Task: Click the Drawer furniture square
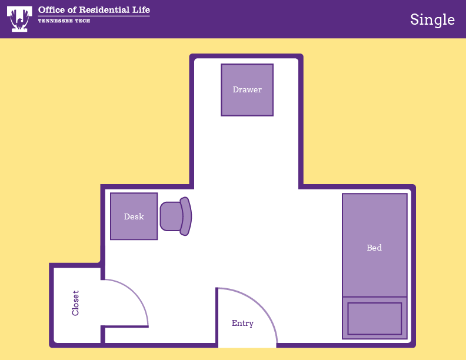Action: [x=247, y=89]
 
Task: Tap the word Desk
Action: [x=134, y=216]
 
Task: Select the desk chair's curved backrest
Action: [x=186, y=216]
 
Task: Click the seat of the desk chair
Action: [x=171, y=216]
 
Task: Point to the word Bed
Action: [x=374, y=248]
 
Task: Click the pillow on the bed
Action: [x=374, y=319]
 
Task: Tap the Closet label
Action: [x=75, y=303]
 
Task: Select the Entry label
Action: [x=242, y=323]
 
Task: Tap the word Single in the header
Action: [x=432, y=20]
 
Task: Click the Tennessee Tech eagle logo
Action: [x=19, y=19]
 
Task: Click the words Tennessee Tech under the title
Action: [x=64, y=21]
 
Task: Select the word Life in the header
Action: [x=141, y=10]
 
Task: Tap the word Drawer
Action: [x=247, y=89]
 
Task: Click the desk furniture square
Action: [x=134, y=216]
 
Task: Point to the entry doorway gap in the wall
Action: [x=247, y=345]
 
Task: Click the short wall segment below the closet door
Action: [x=103, y=335]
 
